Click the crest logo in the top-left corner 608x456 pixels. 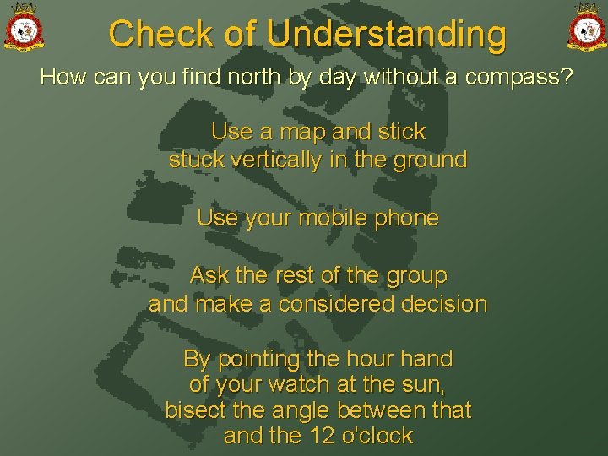[24, 27]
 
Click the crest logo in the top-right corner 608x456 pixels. [585, 27]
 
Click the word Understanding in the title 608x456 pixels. [386, 35]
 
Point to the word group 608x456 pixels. [416, 276]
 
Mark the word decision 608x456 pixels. [446, 304]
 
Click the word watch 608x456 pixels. [300, 385]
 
